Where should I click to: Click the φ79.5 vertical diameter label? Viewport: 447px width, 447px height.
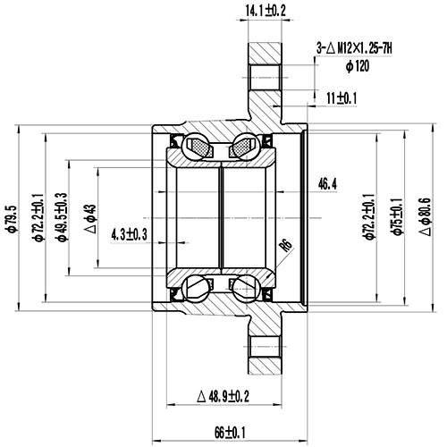12,215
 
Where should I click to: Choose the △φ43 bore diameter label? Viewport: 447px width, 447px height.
89,215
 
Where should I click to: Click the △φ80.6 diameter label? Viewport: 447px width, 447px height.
426,215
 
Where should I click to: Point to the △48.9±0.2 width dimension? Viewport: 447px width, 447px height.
223,395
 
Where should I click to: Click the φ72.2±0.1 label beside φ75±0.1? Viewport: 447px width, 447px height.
367,215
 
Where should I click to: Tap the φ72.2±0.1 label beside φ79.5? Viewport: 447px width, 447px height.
37,215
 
